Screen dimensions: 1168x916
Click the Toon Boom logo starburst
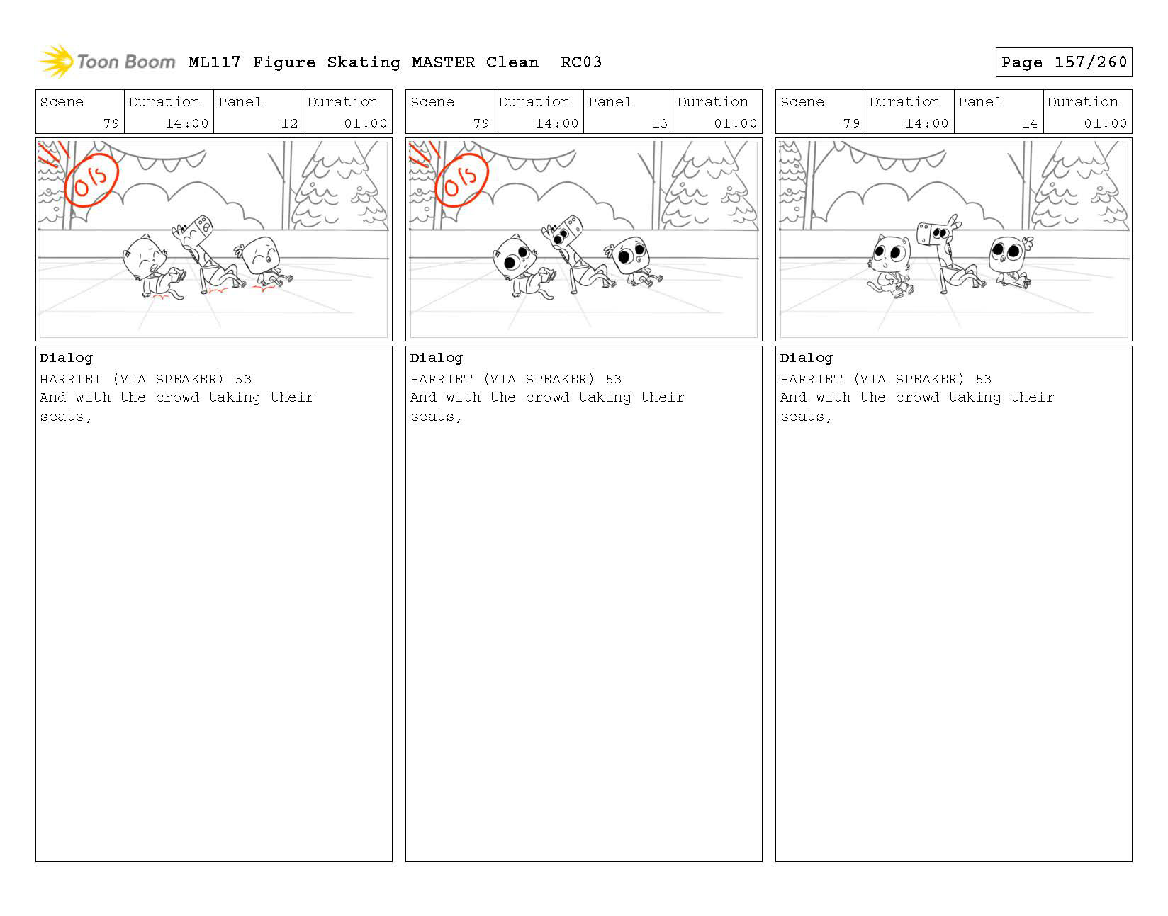point(56,62)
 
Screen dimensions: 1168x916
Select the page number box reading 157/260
point(1063,62)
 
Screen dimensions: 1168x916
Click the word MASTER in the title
point(443,62)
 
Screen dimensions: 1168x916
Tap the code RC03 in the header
point(581,62)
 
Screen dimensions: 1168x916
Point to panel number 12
point(289,123)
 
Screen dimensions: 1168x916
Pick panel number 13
point(660,123)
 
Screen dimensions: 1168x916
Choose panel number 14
point(1029,123)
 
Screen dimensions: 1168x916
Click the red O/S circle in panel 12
point(91,179)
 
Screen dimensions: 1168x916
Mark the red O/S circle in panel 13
point(461,179)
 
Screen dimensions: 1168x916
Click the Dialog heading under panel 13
point(436,358)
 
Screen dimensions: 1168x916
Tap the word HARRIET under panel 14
point(811,379)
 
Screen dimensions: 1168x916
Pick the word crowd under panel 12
point(177,397)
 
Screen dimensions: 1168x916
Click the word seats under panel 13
point(432,417)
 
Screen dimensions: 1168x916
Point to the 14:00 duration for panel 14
point(926,123)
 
